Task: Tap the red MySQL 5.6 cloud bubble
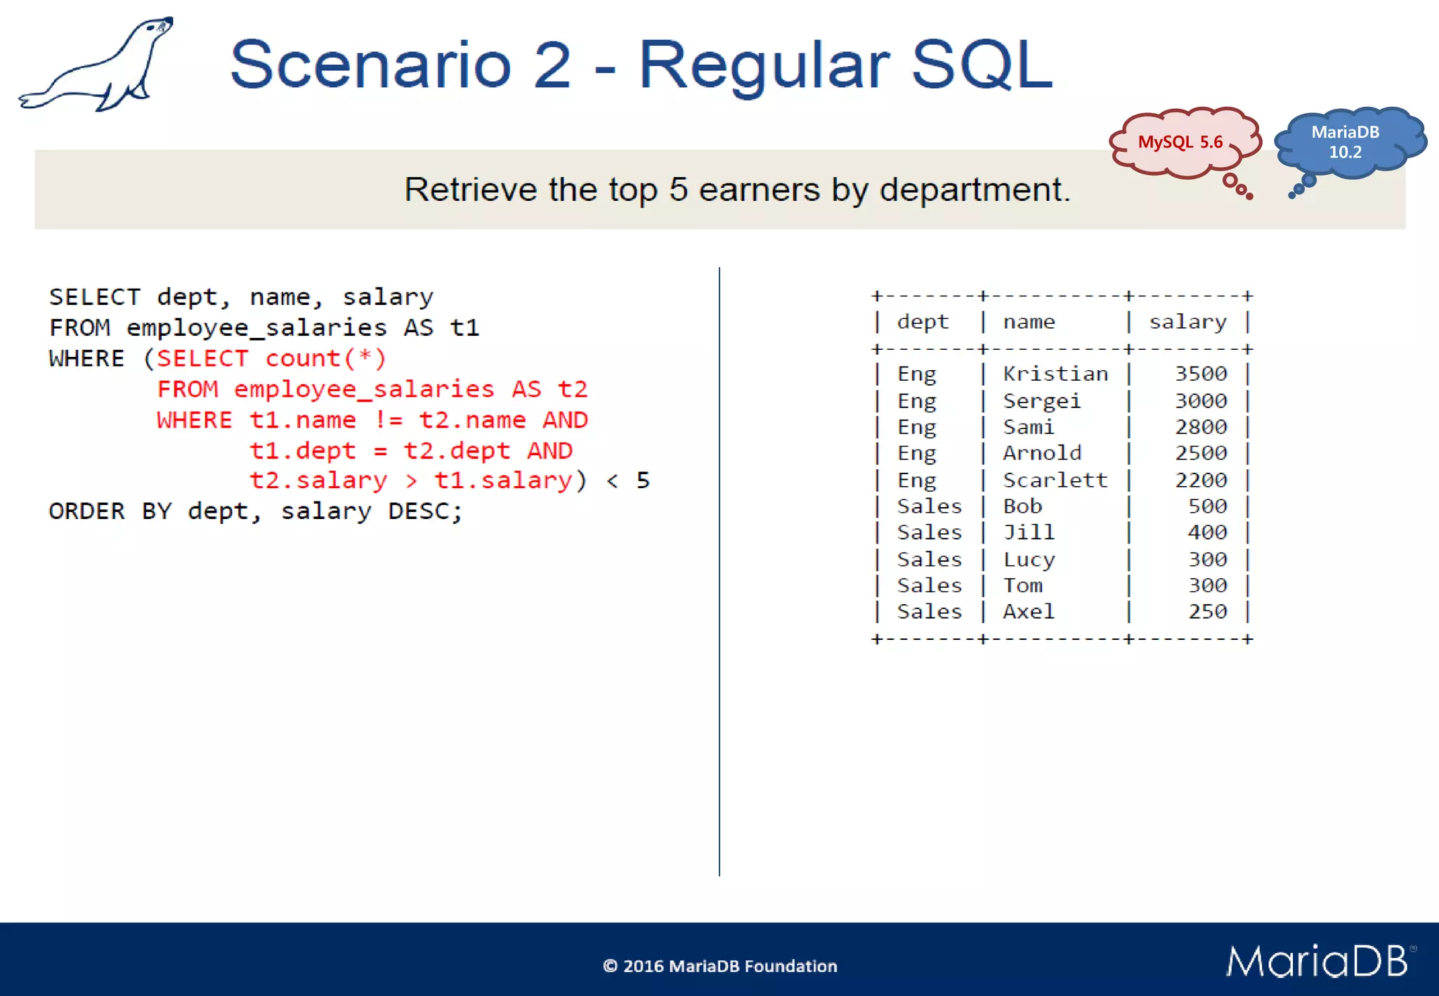[1182, 143]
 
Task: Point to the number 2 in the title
[552, 65]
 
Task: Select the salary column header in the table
[1187, 322]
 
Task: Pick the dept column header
[923, 322]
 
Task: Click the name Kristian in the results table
[1055, 374]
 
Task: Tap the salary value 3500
[1201, 374]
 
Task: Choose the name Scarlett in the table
[1055, 480]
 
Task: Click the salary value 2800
[1201, 427]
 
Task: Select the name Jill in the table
[1029, 532]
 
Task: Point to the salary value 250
[1207, 612]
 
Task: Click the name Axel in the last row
[1029, 612]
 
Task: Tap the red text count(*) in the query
[325, 359]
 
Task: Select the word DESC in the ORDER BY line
[419, 511]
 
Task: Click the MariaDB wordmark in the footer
[1317, 962]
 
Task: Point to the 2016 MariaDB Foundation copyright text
[720, 966]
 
